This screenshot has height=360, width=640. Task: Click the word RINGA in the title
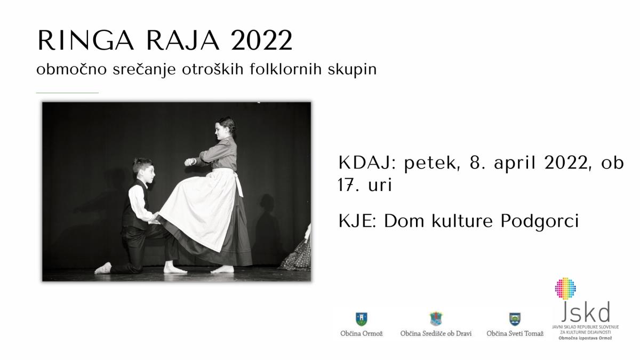point(86,41)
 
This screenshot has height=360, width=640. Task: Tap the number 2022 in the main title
point(262,41)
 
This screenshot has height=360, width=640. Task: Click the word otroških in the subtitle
point(213,69)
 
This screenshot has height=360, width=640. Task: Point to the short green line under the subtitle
point(67,93)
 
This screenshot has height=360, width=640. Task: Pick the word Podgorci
point(540,222)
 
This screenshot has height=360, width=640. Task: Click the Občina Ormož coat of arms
point(362,319)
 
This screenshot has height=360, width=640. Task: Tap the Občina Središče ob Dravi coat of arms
point(436,319)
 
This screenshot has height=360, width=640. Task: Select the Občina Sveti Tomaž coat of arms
point(515,319)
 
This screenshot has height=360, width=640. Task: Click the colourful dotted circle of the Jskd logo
point(565,289)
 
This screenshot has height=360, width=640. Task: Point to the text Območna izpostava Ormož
point(585,338)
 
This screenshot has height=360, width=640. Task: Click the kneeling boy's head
point(144,170)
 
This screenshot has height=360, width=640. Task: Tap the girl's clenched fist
point(189,162)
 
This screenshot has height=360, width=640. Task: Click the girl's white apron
point(200,209)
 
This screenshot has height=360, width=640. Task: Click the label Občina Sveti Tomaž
point(515,333)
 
